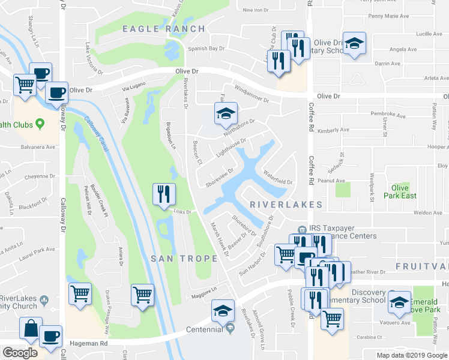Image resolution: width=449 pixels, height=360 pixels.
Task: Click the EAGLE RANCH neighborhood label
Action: [x=164, y=29]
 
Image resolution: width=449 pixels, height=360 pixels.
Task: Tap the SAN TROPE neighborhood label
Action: [x=184, y=259]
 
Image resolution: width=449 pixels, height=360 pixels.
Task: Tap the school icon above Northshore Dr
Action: [x=226, y=113]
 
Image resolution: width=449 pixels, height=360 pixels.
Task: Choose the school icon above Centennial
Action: [x=223, y=310]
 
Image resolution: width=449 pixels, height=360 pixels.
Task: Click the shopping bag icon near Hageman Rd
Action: [x=30, y=328]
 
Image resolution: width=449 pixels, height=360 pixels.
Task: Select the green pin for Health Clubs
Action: [x=40, y=124]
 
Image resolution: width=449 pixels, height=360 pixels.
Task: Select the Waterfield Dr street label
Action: [x=277, y=178]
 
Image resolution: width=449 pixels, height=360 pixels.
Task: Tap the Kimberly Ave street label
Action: [x=333, y=130]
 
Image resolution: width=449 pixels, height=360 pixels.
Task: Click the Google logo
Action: [x=20, y=353]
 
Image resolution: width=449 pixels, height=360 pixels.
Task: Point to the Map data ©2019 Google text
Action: [x=411, y=355]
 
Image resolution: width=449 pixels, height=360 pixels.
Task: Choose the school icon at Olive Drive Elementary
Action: [x=355, y=44]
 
